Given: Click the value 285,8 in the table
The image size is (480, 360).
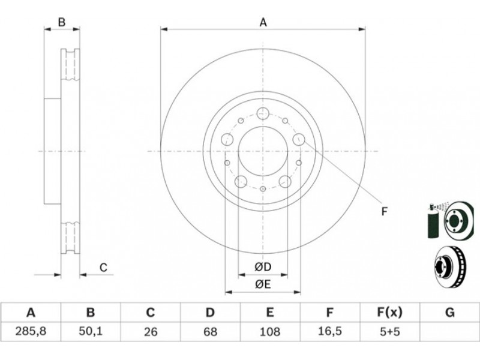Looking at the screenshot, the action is pos(31,331).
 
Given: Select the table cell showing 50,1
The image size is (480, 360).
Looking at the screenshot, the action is pos(91,331).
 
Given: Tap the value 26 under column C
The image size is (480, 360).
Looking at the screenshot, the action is pos(151,332).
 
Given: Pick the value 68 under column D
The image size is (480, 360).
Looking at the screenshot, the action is pos(211,332).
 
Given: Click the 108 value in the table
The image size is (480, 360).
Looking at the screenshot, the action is pos(269,332).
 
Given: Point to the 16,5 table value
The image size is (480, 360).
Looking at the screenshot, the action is pos(329,331).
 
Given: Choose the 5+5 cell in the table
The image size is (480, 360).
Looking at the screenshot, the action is pos(389,332).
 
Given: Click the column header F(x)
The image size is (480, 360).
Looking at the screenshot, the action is pos(389,313).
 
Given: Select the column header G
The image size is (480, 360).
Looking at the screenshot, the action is pos(449,313).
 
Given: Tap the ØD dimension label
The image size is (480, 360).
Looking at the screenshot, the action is pos(263,267).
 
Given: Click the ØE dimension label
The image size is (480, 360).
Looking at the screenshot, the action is pos(263,284).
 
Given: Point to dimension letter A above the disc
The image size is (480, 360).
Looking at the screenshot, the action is pos(263,22).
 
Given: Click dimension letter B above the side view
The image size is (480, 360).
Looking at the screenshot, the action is pos(62,22).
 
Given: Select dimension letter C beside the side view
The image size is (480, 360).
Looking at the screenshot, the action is pos(103,268).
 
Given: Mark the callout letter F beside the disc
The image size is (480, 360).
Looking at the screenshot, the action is pos(385,211).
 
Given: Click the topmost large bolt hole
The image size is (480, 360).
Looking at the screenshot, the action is pos(263,113).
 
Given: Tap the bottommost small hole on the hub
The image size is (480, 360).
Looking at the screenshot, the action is pos(263,189).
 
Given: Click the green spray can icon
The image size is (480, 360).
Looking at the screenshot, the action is pos(433,220).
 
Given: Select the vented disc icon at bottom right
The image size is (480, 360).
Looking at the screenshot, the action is pos(449,266).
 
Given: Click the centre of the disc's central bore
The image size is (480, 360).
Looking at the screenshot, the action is pos(263,151).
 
